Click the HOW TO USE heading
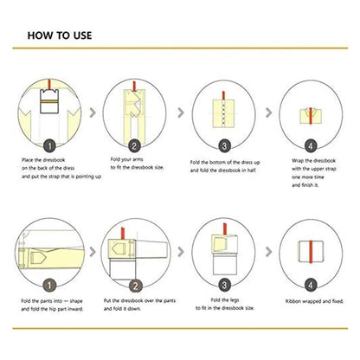pos(60,35)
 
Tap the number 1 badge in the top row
pos(49,146)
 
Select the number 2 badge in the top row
pos(134,146)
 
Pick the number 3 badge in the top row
pos(224,146)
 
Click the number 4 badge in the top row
pos(311,146)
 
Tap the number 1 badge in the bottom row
pos(49,286)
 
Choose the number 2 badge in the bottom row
pos(135,286)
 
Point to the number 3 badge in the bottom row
pos(224,286)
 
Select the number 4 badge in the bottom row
pos(311,286)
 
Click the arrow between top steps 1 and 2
pos(93,112)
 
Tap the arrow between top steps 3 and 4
pos(268,112)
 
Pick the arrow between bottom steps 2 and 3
pos(181,252)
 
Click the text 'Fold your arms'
pos(127,159)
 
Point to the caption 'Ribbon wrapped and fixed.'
pos(314,301)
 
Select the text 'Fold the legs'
pos(225,300)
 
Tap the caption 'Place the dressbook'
pos(43,160)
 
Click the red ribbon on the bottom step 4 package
pos(311,252)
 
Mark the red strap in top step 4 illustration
pos(311,116)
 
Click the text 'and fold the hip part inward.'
pos(52,309)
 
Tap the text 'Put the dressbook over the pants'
pos(139,300)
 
